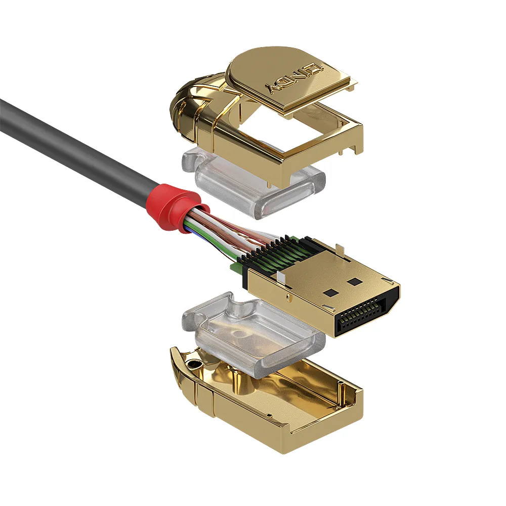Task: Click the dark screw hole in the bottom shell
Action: coord(192,363)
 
